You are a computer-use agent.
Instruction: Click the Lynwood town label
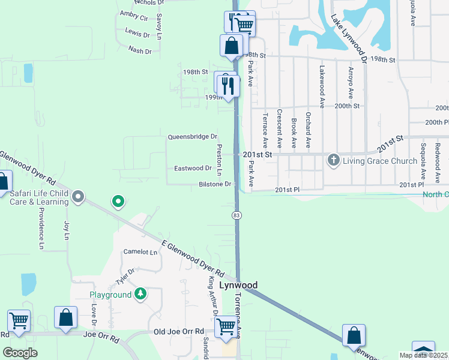click(238, 285)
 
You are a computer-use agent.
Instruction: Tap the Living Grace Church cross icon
click(333, 160)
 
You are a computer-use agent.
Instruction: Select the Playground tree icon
click(140, 294)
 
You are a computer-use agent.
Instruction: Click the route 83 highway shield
click(237, 215)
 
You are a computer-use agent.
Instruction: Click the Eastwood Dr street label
click(193, 169)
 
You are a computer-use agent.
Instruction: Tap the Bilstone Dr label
click(215, 184)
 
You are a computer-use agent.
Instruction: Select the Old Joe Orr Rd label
click(179, 332)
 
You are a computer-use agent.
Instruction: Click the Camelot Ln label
click(140, 252)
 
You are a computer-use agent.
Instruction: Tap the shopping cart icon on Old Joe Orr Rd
click(226, 326)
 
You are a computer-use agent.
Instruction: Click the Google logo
click(20, 353)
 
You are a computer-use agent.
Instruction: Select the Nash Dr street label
click(140, 51)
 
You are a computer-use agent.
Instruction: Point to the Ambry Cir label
click(134, 14)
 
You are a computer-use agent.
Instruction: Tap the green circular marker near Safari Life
click(119, 202)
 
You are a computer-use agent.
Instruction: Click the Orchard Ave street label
click(308, 130)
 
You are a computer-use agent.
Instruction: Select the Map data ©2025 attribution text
click(423, 355)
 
